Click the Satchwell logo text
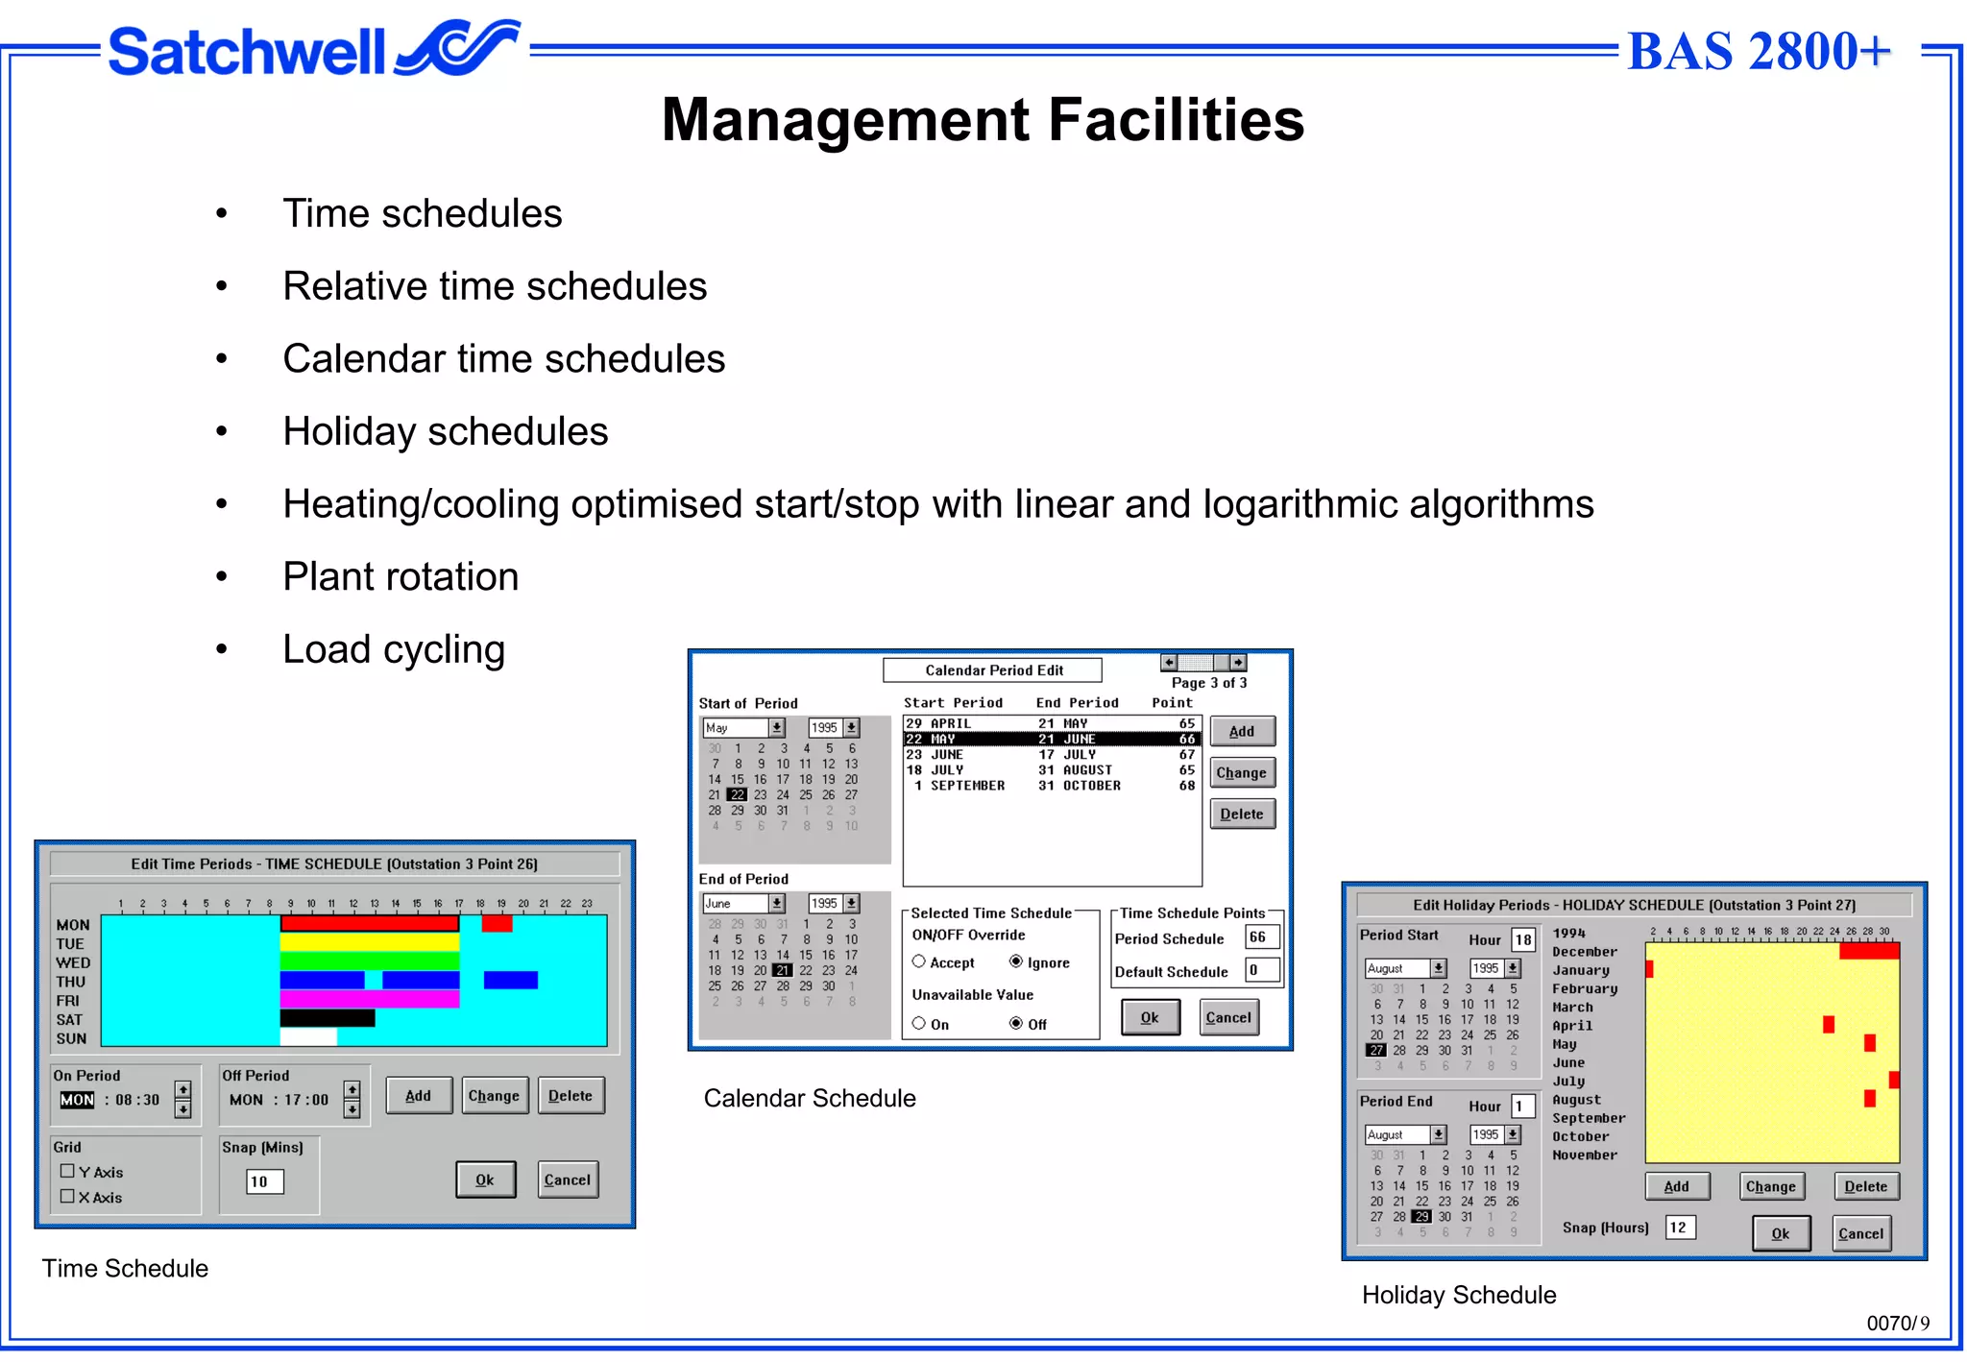[x=247, y=52]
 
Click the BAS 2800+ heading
[x=1759, y=52]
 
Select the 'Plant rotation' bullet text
[x=401, y=577]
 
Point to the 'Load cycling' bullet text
[x=394, y=650]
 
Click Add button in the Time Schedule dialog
[x=418, y=1096]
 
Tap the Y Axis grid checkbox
[x=67, y=1172]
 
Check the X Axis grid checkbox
[x=67, y=1197]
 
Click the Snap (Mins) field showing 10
[x=265, y=1181]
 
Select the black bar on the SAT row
[x=327, y=1018]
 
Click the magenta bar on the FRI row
[x=369, y=999]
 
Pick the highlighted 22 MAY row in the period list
[x=1051, y=740]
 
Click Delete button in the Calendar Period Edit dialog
[x=1242, y=815]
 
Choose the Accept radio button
[x=919, y=961]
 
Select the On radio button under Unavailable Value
[x=919, y=1024]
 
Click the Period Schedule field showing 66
[x=1260, y=937]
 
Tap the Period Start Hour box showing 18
[x=1523, y=939]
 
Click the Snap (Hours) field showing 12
[x=1680, y=1228]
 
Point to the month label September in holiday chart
[x=1589, y=1118]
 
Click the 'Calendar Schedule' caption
[x=810, y=1099]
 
